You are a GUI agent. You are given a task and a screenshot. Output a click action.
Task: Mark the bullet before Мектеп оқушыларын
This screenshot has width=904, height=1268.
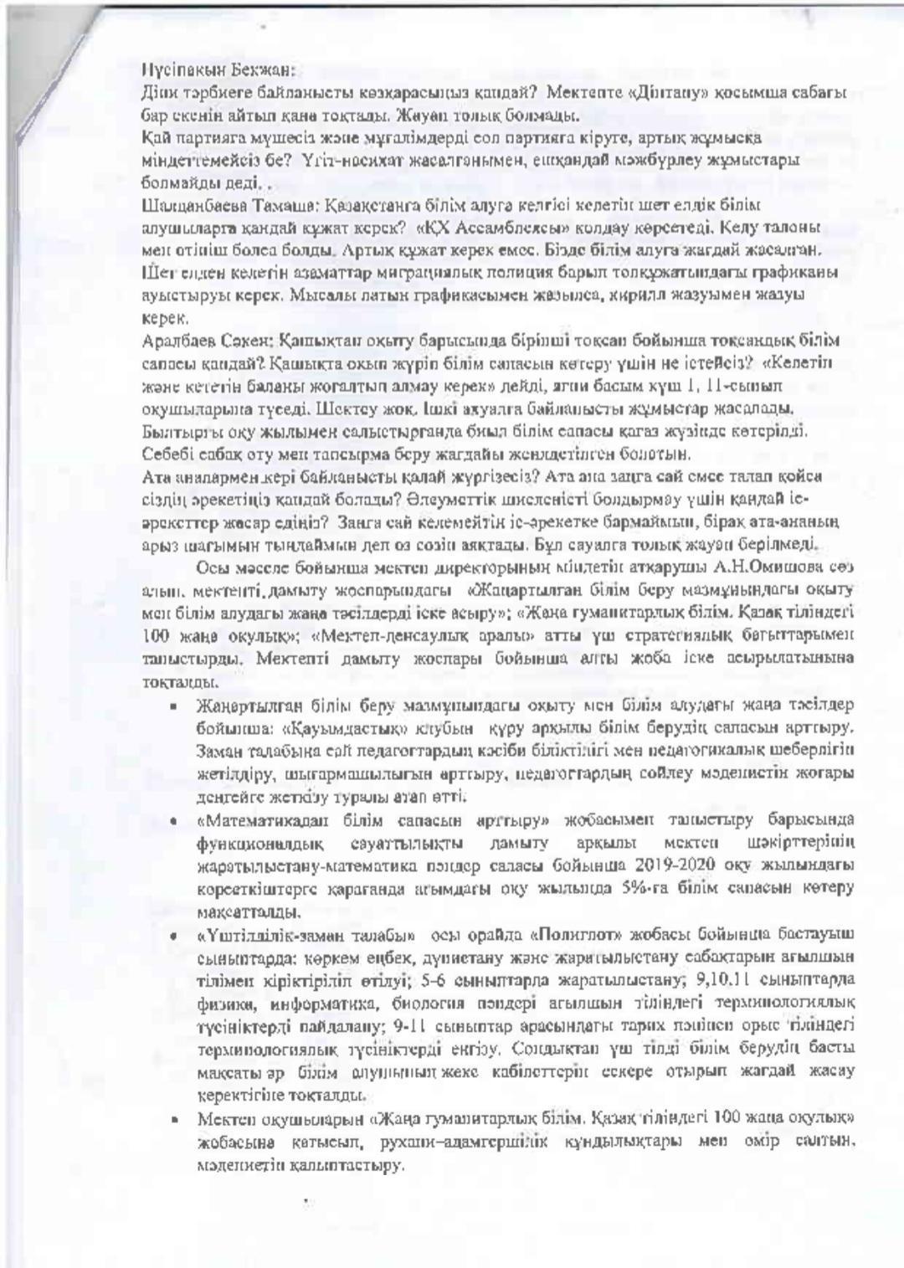click(x=173, y=1118)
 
